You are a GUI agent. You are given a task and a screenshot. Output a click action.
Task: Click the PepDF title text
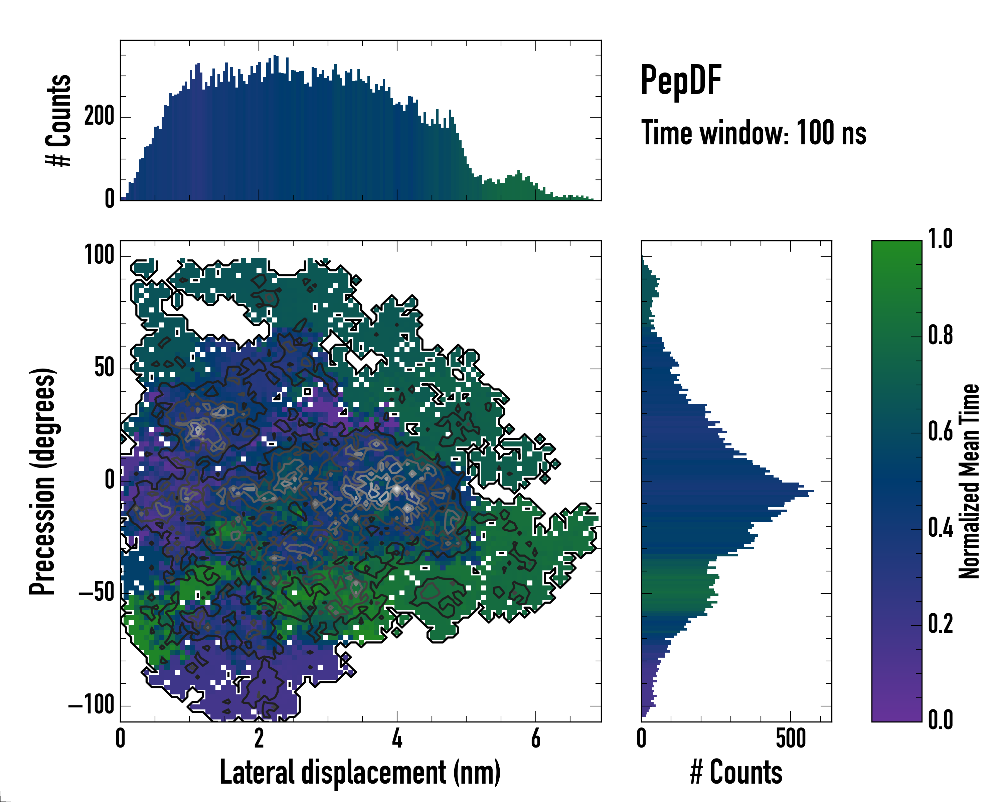(681, 80)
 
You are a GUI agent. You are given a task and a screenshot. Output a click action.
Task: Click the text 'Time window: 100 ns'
(754, 133)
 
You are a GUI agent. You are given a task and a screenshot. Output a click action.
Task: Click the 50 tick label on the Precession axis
(105, 368)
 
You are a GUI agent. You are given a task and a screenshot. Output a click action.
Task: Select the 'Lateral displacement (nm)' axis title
(360, 772)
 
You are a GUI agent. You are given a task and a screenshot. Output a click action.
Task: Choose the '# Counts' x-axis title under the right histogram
(736, 772)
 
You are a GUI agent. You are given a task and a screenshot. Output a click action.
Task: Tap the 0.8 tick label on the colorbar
(940, 335)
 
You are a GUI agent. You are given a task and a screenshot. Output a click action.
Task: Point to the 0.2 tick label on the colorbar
(940, 624)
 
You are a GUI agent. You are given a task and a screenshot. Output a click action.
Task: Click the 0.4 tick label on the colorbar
(940, 528)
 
